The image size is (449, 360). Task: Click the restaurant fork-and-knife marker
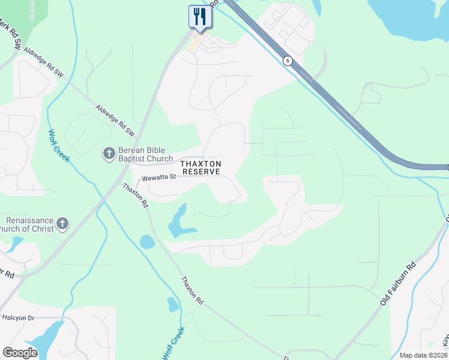[199, 16]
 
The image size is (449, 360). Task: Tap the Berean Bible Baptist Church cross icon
[109, 154]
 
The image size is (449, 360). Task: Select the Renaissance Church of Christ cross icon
[62, 225]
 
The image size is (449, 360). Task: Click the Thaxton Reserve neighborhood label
[202, 167]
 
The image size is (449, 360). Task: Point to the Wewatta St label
[158, 177]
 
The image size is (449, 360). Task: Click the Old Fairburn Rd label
[398, 284]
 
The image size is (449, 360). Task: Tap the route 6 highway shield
[288, 61]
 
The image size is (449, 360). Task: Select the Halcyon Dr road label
[19, 317]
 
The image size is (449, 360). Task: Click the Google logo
[20, 353]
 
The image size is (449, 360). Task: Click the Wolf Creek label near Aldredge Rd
[59, 146]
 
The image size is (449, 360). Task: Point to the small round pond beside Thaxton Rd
[146, 242]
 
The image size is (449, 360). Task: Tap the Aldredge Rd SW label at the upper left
[43, 61]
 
